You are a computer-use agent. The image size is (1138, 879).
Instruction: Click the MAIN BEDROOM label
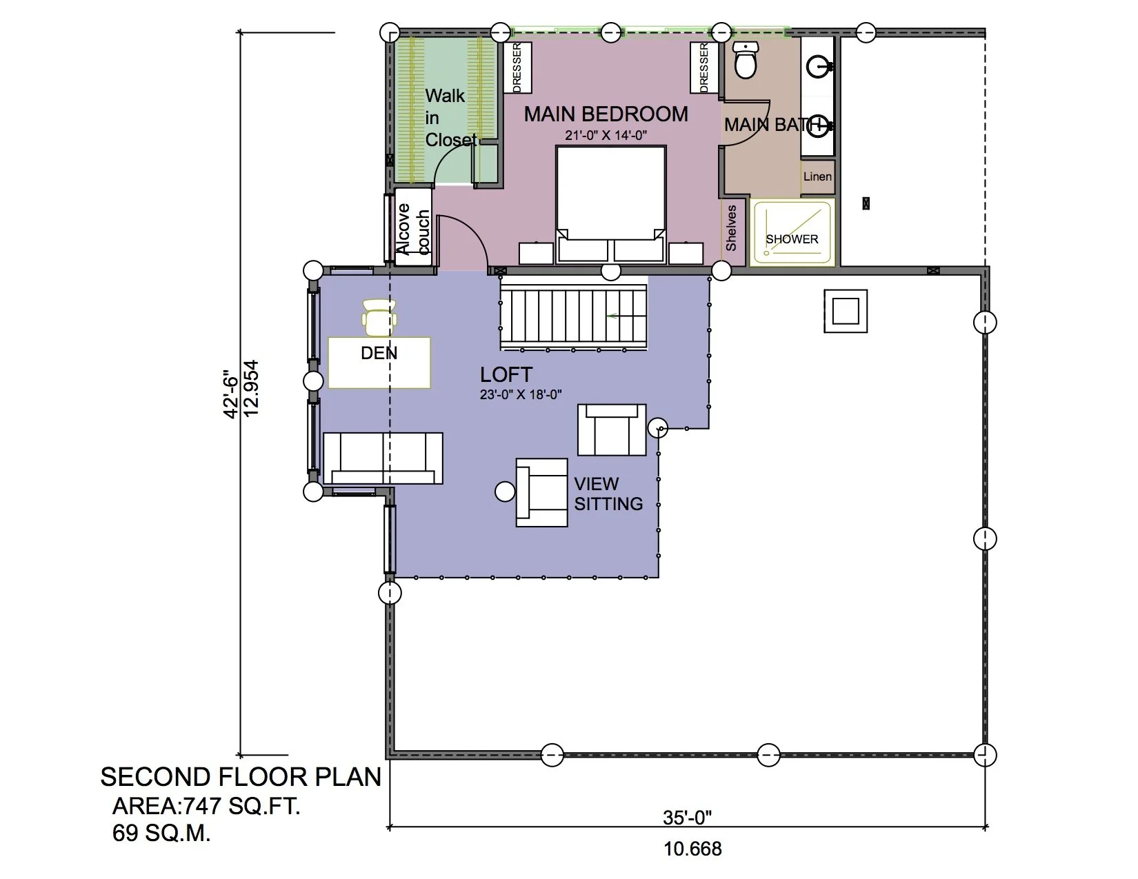pyautogui.click(x=606, y=114)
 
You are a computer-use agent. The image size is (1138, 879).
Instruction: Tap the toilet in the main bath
pyautogui.click(x=745, y=61)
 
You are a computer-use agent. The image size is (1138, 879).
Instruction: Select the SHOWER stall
pyautogui.click(x=792, y=232)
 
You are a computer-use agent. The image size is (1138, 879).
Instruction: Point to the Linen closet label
pyautogui.click(x=817, y=176)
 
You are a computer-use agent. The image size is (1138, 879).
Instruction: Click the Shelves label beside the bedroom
pyautogui.click(x=731, y=228)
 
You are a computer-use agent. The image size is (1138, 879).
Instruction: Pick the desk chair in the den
pyautogui.click(x=379, y=317)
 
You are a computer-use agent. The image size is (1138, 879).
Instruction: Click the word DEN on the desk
pyautogui.click(x=379, y=353)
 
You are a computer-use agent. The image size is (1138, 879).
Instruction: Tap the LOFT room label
pyautogui.click(x=506, y=374)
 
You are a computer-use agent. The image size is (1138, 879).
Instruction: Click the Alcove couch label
pyautogui.click(x=412, y=229)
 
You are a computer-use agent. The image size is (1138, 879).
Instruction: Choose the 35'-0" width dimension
pyautogui.click(x=687, y=817)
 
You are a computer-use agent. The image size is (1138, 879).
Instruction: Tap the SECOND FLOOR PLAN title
pyautogui.click(x=241, y=777)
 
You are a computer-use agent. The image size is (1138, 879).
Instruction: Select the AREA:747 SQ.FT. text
pyautogui.click(x=206, y=806)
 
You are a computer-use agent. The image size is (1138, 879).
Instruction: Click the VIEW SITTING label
pyautogui.click(x=608, y=494)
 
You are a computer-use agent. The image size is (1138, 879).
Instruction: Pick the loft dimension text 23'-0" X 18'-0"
pyautogui.click(x=521, y=395)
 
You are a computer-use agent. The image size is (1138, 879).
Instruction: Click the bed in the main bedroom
pyautogui.click(x=610, y=205)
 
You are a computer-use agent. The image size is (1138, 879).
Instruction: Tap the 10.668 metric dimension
pyautogui.click(x=692, y=849)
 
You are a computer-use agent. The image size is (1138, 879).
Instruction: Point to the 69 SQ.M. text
pyautogui.click(x=161, y=833)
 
